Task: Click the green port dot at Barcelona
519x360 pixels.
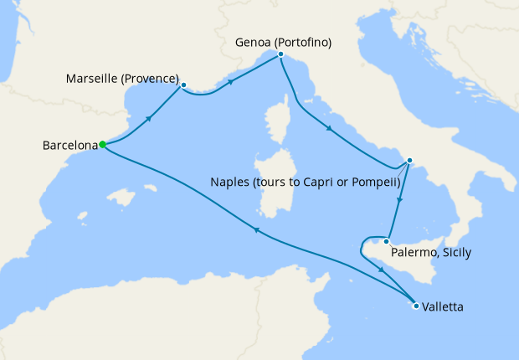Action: (x=102, y=144)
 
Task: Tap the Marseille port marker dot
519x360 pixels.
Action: (x=183, y=85)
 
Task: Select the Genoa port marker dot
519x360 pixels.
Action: (x=280, y=54)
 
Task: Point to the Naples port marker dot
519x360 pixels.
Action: (x=409, y=161)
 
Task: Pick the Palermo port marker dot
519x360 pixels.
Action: (x=386, y=241)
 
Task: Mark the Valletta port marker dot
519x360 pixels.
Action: (x=416, y=306)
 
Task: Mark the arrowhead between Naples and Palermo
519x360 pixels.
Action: (x=401, y=201)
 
